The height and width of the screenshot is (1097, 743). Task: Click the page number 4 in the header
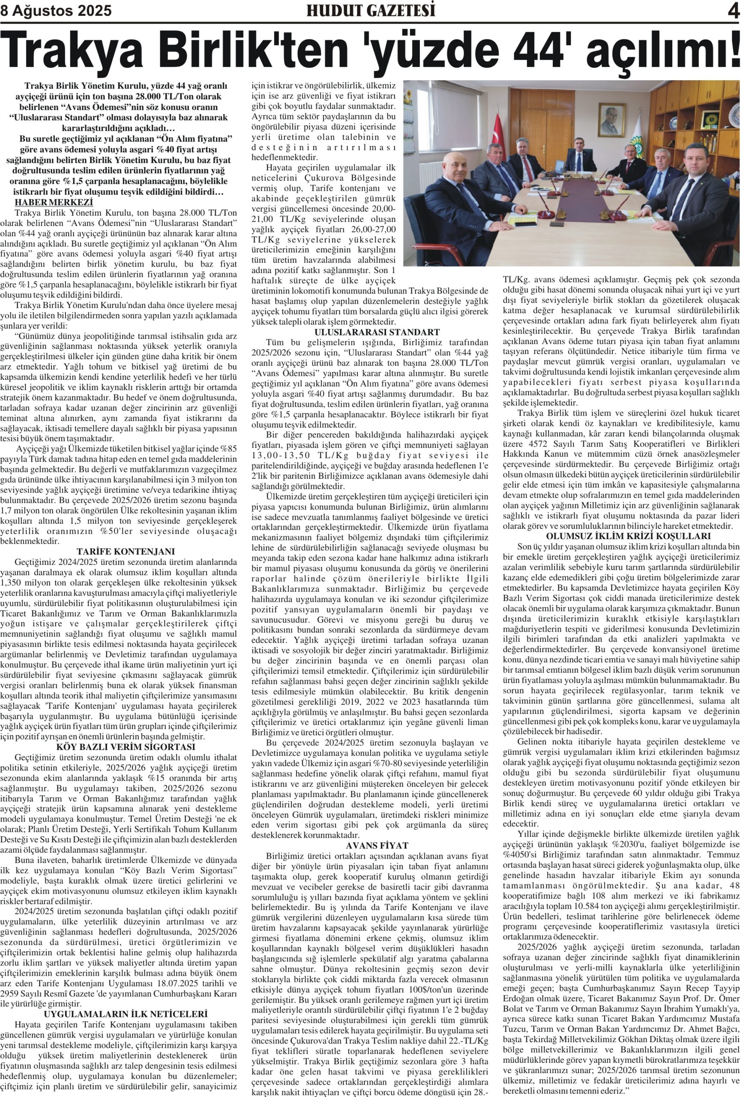[733, 10]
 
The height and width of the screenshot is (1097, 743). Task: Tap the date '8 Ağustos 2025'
[56, 11]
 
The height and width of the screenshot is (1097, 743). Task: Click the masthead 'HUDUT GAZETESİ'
[371, 10]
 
